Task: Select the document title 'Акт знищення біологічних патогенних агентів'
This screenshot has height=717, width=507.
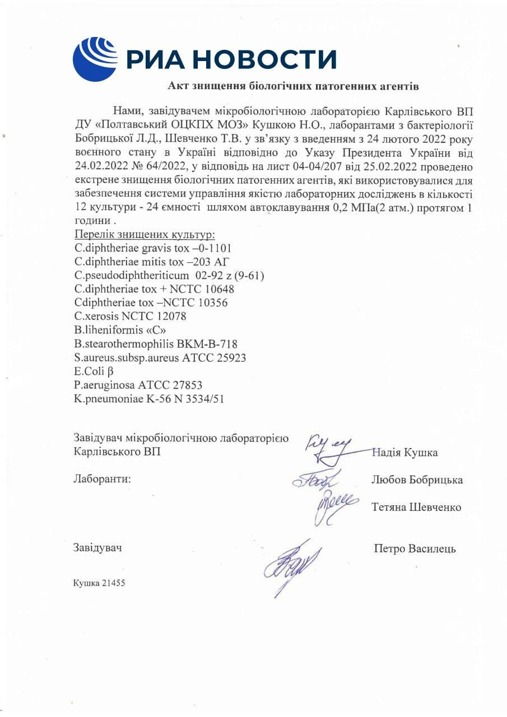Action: [x=293, y=86]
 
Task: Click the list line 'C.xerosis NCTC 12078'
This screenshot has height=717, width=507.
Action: [x=130, y=316]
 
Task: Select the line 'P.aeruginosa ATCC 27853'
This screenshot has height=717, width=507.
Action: [x=138, y=385]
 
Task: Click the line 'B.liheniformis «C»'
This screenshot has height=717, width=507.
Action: [x=120, y=330]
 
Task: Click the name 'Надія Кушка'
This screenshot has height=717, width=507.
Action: [x=404, y=453]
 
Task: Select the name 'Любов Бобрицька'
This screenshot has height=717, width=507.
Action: [x=417, y=480]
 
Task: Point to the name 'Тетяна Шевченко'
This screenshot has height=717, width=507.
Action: [x=416, y=507]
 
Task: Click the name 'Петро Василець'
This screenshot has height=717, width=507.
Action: [x=415, y=548]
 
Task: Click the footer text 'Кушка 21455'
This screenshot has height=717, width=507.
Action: [x=99, y=583]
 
